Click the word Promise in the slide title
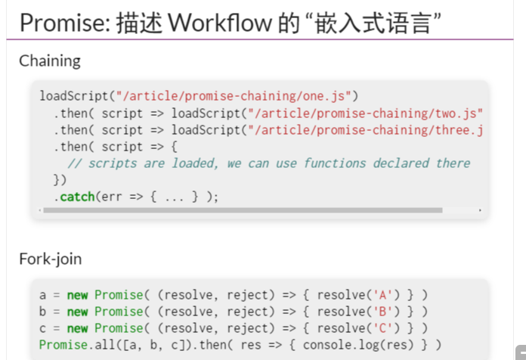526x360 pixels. [62, 23]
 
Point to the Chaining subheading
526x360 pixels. [50, 61]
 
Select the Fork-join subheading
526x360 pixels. [51, 259]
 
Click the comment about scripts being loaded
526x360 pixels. [268, 163]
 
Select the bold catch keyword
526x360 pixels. [77, 197]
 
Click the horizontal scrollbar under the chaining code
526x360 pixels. [242, 209]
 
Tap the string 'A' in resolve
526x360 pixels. [382, 294]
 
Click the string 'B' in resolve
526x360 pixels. [382, 311]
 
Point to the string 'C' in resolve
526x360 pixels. [382, 327]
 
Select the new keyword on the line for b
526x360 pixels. [77, 311]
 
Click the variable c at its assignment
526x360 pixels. [43, 327]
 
